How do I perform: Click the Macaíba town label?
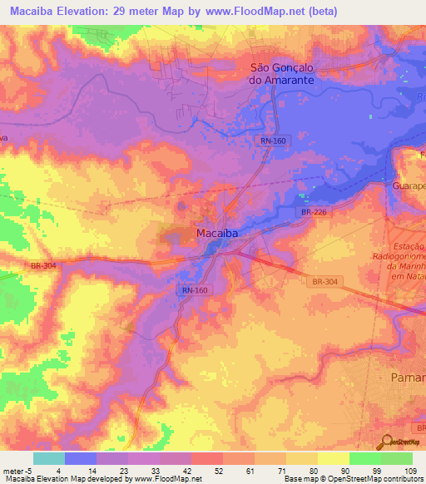click(217, 234)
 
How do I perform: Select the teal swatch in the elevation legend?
click(49, 458)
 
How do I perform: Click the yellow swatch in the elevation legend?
click(334, 458)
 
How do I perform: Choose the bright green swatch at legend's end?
click(397, 458)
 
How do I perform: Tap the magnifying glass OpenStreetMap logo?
click(387, 442)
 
